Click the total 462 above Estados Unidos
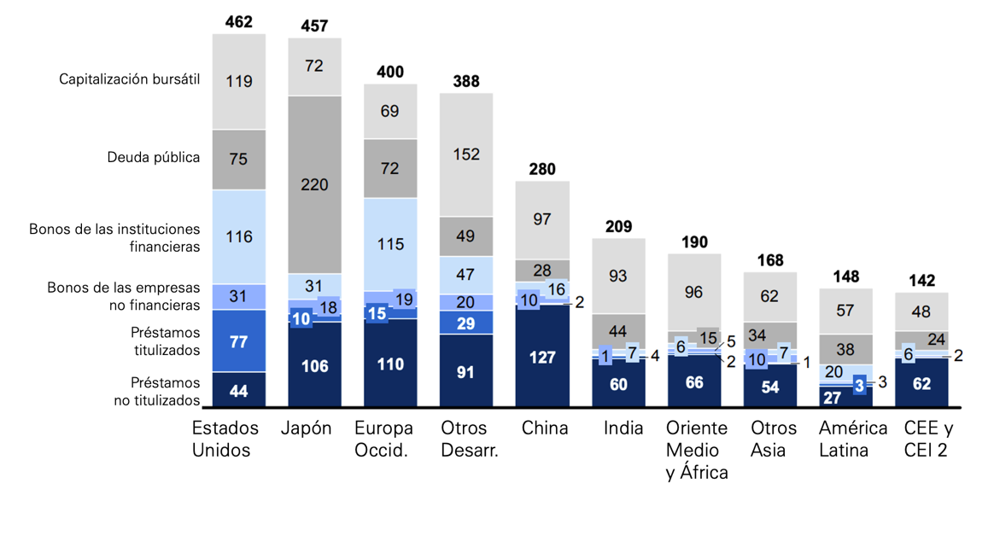(x=239, y=21)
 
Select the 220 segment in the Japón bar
(x=314, y=183)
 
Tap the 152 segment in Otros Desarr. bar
(x=466, y=154)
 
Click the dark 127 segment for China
(x=542, y=357)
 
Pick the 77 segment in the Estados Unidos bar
(x=239, y=341)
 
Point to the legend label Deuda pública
(x=154, y=158)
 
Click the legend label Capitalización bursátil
(x=129, y=79)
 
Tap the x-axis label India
(x=623, y=428)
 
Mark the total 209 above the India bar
(x=618, y=227)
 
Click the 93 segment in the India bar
(x=618, y=276)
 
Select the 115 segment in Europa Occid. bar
(x=390, y=244)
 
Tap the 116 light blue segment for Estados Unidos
(x=239, y=236)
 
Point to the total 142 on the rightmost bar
(x=921, y=281)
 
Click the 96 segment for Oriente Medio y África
(x=693, y=293)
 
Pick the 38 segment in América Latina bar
(x=845, y=349)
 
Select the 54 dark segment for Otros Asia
(x=769, y=387)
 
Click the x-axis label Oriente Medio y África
(x=697, y=450)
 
